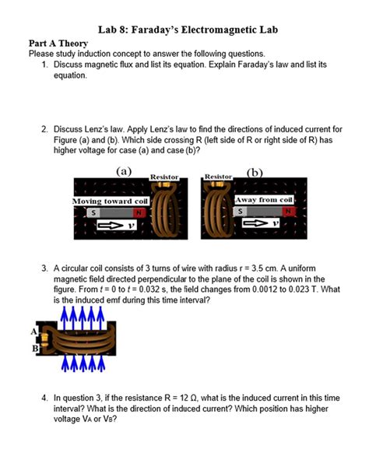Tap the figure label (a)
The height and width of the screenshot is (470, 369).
tap(124, 170)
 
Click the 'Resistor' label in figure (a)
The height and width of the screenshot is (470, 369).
tap(163, 177)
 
